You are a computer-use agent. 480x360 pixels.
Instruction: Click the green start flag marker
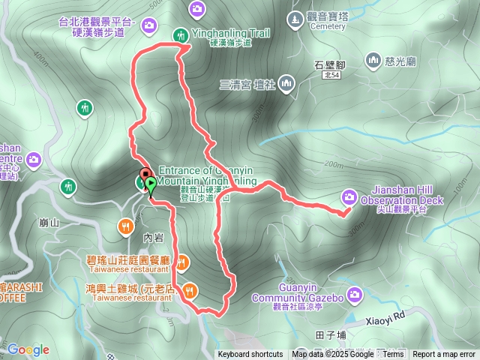click(x=151, y=182)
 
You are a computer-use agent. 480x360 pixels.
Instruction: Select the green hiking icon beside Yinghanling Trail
click(x=181, y=34)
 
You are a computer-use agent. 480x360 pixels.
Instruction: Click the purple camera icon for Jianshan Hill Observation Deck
click(x=349, y=196)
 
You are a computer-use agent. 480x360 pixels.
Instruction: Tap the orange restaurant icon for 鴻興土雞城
click(x=190, y=289)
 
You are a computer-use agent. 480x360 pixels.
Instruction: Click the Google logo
click(x=28, y=349)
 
